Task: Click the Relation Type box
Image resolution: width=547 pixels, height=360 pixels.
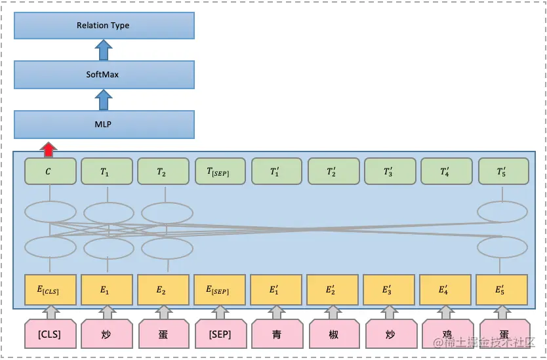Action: click(104, 26)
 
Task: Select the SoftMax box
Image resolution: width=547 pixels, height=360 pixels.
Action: click(104, 75)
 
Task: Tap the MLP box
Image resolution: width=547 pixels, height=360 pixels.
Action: click(104, 124)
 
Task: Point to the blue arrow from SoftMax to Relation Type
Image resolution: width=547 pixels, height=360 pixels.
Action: click(103, 50)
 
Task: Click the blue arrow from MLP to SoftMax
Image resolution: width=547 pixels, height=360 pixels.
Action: click(103, 100)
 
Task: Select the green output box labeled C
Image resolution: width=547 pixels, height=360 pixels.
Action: click(50, 172)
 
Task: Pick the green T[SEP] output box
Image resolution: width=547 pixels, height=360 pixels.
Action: click(220, 172)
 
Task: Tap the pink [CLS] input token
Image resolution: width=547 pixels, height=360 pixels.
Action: click(50, 334)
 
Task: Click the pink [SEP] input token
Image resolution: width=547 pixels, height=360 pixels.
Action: click(220, 334)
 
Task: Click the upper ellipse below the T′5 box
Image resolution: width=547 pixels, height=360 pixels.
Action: click(502, 212)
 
